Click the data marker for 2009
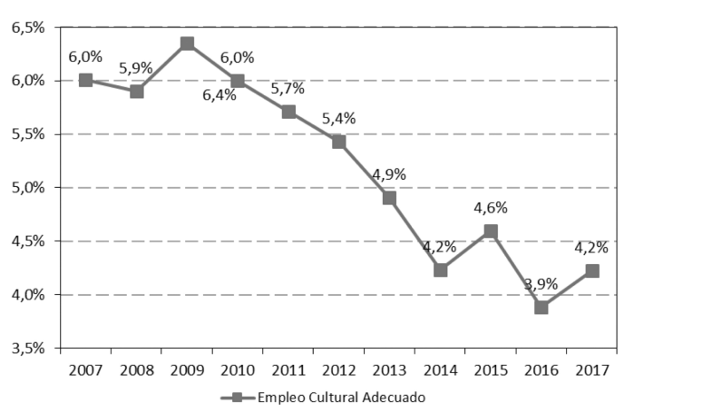pyautogui.click(x=187, y=44)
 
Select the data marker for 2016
pyautogui.click(x=541, y=308)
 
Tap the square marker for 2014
pyautogui.click(x=441, y=270)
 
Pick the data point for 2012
pyautogui.click(x=338, y=142)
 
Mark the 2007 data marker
pyautogui.click(x=85, y=80)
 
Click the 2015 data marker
pyautogui.click(x=491, y=231)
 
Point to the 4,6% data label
pyautogui.click(x=491, y=208)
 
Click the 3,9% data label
pyautogui.click(x=541, y=284)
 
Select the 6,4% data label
pyautogui.click(x=219, y=94)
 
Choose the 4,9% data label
pyautogui.click(x=388, y=174)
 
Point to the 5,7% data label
pyautogui.click(x=288, y=88)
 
